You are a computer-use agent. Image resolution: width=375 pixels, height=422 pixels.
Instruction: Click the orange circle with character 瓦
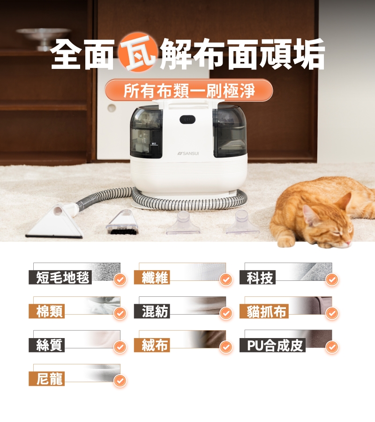(x=137, y=52)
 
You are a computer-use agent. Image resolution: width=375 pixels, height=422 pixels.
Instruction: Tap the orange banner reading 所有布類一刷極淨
(x=189, y=90)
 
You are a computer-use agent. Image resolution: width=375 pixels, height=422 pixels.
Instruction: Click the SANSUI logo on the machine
(x=188, y=153)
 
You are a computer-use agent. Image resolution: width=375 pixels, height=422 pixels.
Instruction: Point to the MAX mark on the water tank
(x=154, y=144)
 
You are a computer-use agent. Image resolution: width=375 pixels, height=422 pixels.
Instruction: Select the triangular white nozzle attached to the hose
(x=55, y=222)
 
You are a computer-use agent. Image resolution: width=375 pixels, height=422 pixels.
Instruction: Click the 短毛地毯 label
(x=60, y=277)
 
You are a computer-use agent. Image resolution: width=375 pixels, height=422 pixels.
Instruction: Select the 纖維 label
(x=152, y=277)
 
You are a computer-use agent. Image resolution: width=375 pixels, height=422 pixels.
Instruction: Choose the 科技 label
(x=257, y=277)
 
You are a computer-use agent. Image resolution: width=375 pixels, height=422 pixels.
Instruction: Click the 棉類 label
(x=46, y=311)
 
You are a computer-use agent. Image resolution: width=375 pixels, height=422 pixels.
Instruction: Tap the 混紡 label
(x=152, y=311)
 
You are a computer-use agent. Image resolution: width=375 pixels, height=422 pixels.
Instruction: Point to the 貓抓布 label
(x=264, y=311)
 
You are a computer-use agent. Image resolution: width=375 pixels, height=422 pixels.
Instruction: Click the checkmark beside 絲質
(x=120, y=347)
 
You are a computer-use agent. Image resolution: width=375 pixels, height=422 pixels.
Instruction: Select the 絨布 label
(x=152, y=345)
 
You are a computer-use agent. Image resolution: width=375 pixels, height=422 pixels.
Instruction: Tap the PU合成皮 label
(x=272, y=345)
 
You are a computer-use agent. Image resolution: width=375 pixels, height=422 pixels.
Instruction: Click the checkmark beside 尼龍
(x=120, y=381)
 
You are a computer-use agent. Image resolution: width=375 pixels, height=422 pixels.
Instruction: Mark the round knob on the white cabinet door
(x=112, y=108)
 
